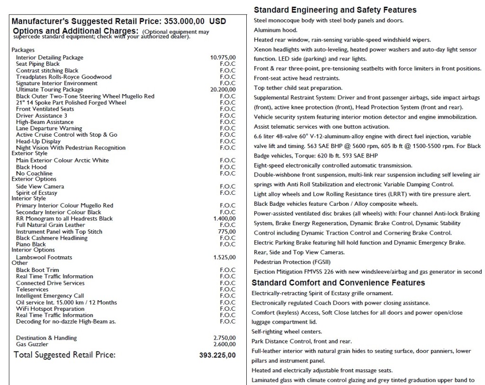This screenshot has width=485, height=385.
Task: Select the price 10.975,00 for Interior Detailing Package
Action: coord(223,58)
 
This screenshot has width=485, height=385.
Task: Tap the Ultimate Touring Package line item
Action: coord(49,90)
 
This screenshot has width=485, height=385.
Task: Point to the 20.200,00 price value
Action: coord(223,90)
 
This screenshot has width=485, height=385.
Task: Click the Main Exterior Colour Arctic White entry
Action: coord(63,160)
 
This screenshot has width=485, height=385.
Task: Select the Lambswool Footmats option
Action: coord(44,257)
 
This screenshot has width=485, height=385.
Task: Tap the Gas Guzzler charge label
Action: coord(32,344)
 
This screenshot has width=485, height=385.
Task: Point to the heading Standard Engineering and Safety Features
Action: coord(335,10)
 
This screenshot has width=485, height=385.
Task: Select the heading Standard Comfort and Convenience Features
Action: coord(338,283)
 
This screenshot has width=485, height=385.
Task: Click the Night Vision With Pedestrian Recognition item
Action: coord(71,148)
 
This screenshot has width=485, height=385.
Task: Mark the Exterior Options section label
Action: coord(34,179)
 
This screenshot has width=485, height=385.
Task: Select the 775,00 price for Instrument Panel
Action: coord(227,232)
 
